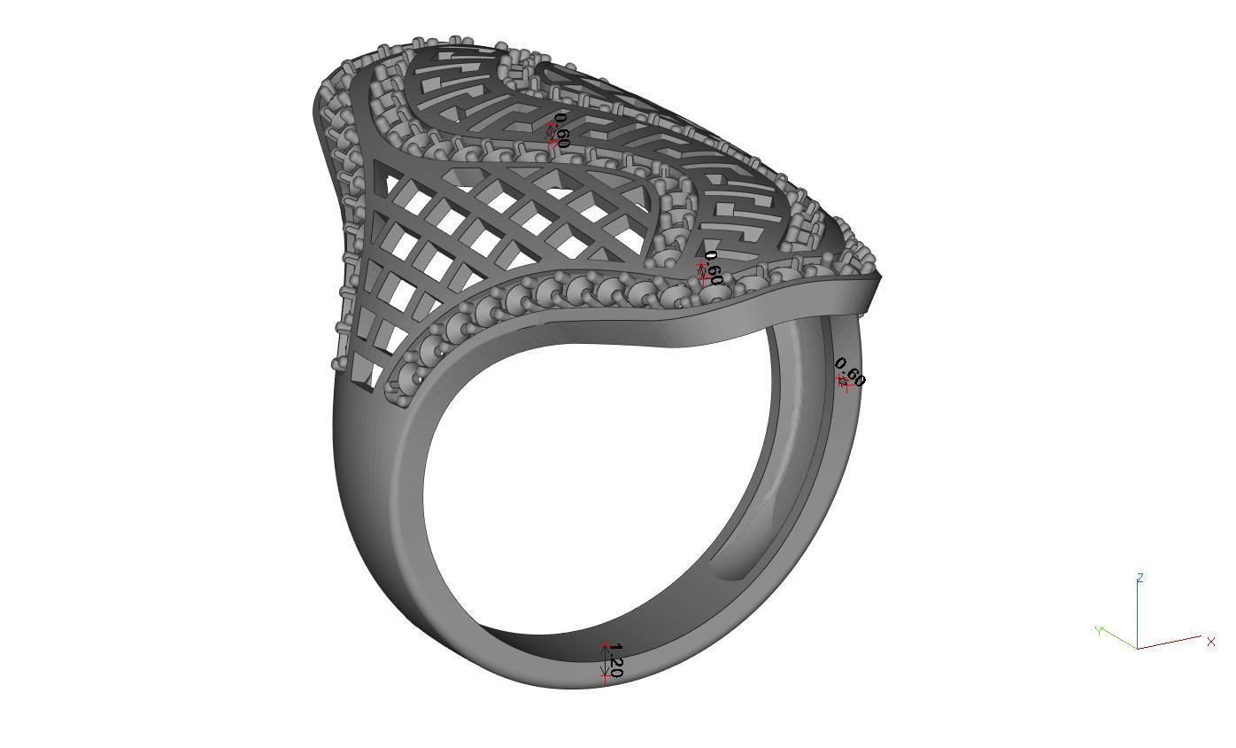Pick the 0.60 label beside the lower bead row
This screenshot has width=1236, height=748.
[713, 268]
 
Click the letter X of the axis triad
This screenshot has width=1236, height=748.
[1210, 642]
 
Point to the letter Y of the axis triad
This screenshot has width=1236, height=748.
[1099, 630]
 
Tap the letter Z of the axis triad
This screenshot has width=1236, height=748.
[1140, 578]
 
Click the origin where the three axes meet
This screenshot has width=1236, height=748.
[1138, 648]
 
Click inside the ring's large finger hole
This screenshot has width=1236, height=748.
[602, 479]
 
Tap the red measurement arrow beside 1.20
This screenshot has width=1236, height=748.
[606, 663]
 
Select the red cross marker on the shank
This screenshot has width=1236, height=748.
[843, 382]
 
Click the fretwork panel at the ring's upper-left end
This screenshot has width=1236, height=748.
[460, 89]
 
